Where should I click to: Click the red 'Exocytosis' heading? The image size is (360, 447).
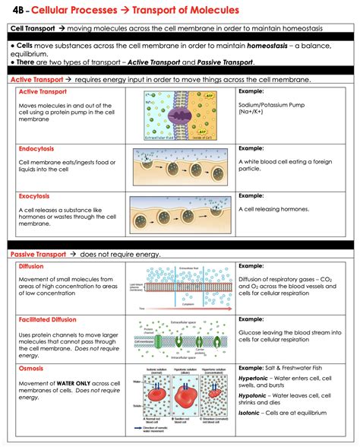pyautogui.click(x=33, y=195)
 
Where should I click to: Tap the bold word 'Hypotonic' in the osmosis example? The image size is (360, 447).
pyautogui.click(x=257, y=396)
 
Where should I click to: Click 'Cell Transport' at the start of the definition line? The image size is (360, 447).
pyautogui.click(x=33, y=29)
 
